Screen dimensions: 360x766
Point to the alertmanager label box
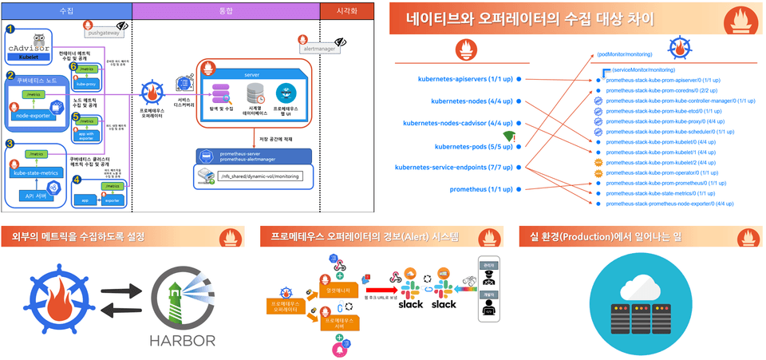click(319, 49)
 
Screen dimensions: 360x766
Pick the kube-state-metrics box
click(36, 172)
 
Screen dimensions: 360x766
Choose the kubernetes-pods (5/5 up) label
click(474, 146)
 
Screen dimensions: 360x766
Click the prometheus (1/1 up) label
click(481, 189)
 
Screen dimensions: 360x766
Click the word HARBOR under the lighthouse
click(182, 340)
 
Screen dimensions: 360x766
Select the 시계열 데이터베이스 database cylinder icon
click(255, 93)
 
